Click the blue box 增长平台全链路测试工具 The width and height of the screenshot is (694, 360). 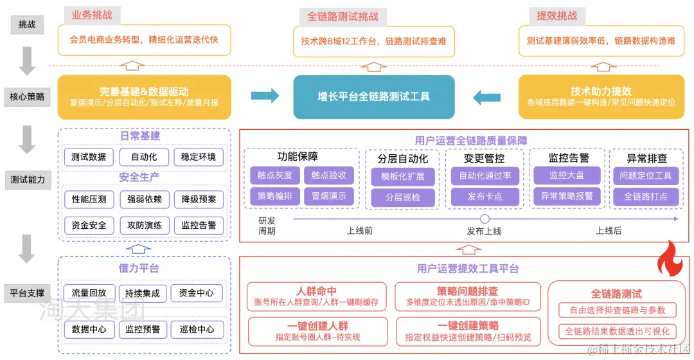(x=374, y=97)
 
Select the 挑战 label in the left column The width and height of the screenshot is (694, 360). (x=27, y=25)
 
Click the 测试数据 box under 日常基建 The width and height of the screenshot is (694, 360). (x=89, y=157)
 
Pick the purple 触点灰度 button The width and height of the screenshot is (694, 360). (x=274, y=175)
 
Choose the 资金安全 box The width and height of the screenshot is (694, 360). (x=89, y=226)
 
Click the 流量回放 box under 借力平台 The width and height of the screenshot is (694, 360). (x=89, y=293)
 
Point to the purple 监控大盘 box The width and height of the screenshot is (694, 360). (x=566, y=175)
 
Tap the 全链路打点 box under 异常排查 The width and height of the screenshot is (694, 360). (x=645, y=196)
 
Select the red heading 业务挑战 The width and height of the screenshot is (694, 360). (x=91, y=15)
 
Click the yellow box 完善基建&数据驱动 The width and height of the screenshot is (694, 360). (x=144, y=97)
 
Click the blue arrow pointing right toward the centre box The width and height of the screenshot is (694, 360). (x=265, y=96)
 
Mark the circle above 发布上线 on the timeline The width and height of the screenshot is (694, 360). (x=485, y=219)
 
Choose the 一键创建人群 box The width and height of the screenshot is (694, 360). (x=318, y=330)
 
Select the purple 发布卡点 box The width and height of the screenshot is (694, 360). (x=485, y=196)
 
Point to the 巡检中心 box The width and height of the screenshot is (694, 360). (x=197, y=329)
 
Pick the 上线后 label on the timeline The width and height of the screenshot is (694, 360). (x=609, y=231)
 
